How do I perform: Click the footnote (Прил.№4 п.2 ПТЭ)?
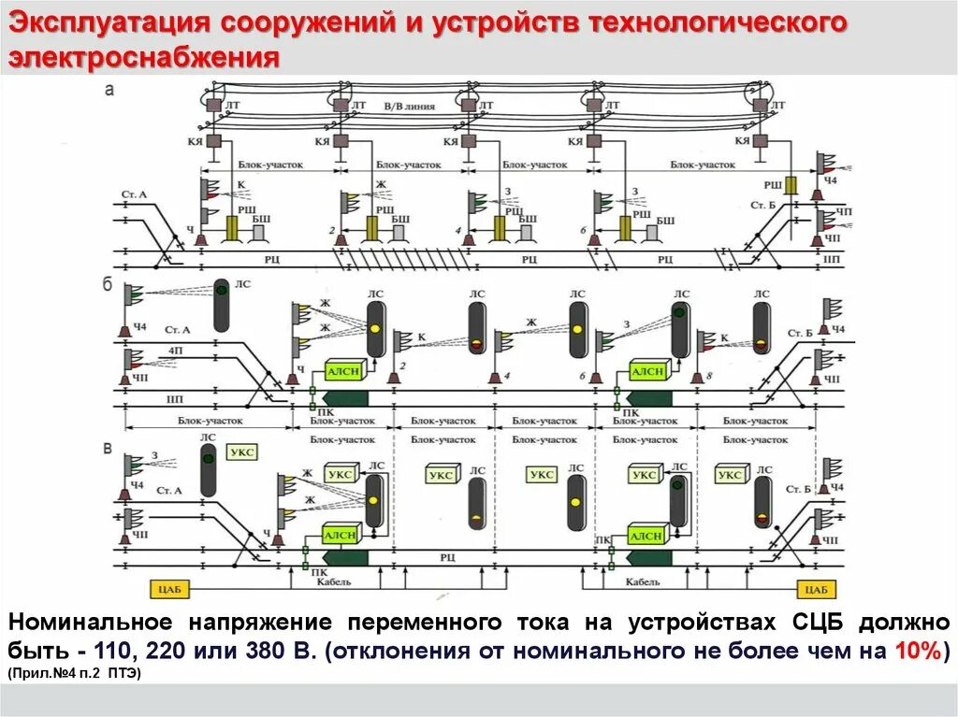pyautogui.click(x=74, y=674)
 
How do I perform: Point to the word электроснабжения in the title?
pyautogui.click(x=145, y=57)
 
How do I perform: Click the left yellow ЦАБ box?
pyautogui.click(x=169, y=589)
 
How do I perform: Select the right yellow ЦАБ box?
pyautogui.click(x=817, y=589)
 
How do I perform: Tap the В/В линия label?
pyautogui.click(x=409, y=107)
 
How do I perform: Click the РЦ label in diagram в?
pyautogui.click(x=447, y=557)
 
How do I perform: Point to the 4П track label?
pyautogui.click(x=176, y=350)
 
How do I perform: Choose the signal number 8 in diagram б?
pyautogui.click(x=709, y=376)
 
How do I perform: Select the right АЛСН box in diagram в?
pyautogui.click(x=646, y=536)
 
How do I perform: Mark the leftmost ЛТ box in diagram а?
pyautogui.click(x=213, y=108)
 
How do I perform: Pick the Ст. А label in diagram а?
pyautogui.click(x=134, y=194)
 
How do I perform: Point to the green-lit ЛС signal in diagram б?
pyautogui.click(x=222, y=305)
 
